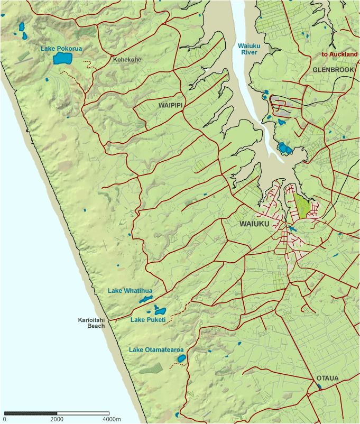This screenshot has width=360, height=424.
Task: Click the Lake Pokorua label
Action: [x=61, y=49]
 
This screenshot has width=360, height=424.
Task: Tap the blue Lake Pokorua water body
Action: [x=63, y=58]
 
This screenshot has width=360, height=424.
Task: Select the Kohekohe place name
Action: [x=126, y=60]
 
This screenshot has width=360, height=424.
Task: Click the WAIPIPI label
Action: [x=170, y=106]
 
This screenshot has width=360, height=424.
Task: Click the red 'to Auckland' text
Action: [x=339, y=54]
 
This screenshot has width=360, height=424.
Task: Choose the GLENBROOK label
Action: [x=333, y=69]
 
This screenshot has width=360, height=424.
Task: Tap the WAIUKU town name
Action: [x=254, y=224]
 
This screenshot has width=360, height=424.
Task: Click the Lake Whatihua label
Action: [x=130, y=291]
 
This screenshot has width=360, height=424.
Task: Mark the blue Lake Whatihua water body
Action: [x=145, y=300]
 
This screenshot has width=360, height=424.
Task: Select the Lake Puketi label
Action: [x=148, y=320]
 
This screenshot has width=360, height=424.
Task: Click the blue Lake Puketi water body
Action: [x=159, y=311]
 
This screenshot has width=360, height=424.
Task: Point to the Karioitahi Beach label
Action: [x=91, y=323]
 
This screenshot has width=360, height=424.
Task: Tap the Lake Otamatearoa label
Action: [x=156, y=350]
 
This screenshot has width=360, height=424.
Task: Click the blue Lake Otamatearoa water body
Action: [x=181, y=358]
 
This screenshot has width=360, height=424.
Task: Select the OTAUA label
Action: [x=328, y=378]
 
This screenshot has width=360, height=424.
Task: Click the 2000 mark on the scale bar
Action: [x=57, y=419]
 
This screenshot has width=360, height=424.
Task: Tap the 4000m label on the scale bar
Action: [x=112, y=419]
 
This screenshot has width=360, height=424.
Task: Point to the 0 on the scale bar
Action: [x=5, y=419]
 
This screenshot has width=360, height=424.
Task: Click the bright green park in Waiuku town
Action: [x=302, y=205]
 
